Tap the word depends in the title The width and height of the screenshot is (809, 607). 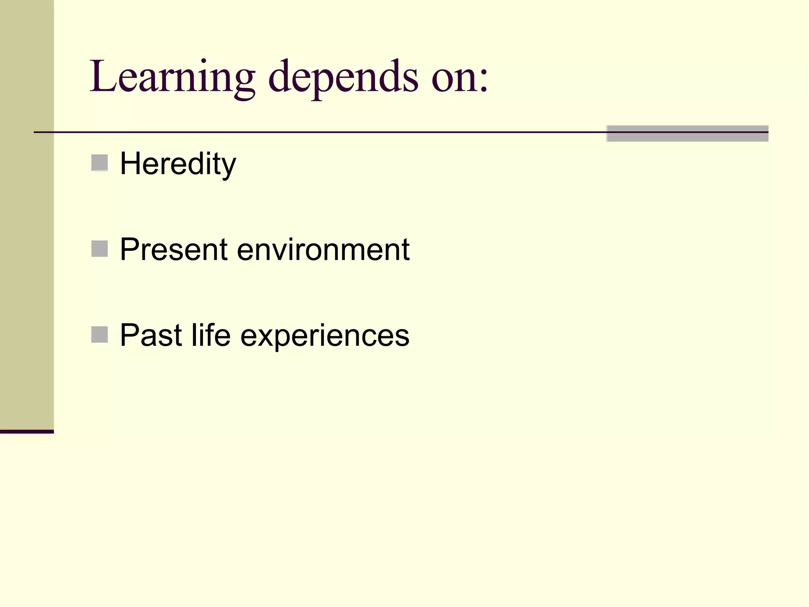click(x=343, y=77)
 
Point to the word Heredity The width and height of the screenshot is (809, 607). click(x=178, y=164)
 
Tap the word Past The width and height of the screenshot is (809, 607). click(x=151, y=336)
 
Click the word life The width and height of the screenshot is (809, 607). click(x=211, y=336)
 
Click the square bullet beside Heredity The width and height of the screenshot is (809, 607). click(x=100, y=163)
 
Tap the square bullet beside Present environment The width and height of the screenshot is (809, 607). click(x=100, y=249)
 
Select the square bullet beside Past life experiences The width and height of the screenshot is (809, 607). click(x=100, y=335)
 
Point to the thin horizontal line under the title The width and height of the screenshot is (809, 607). click(x=316, y=132)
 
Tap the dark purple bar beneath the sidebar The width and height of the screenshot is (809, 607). click(x=26, y=432)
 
